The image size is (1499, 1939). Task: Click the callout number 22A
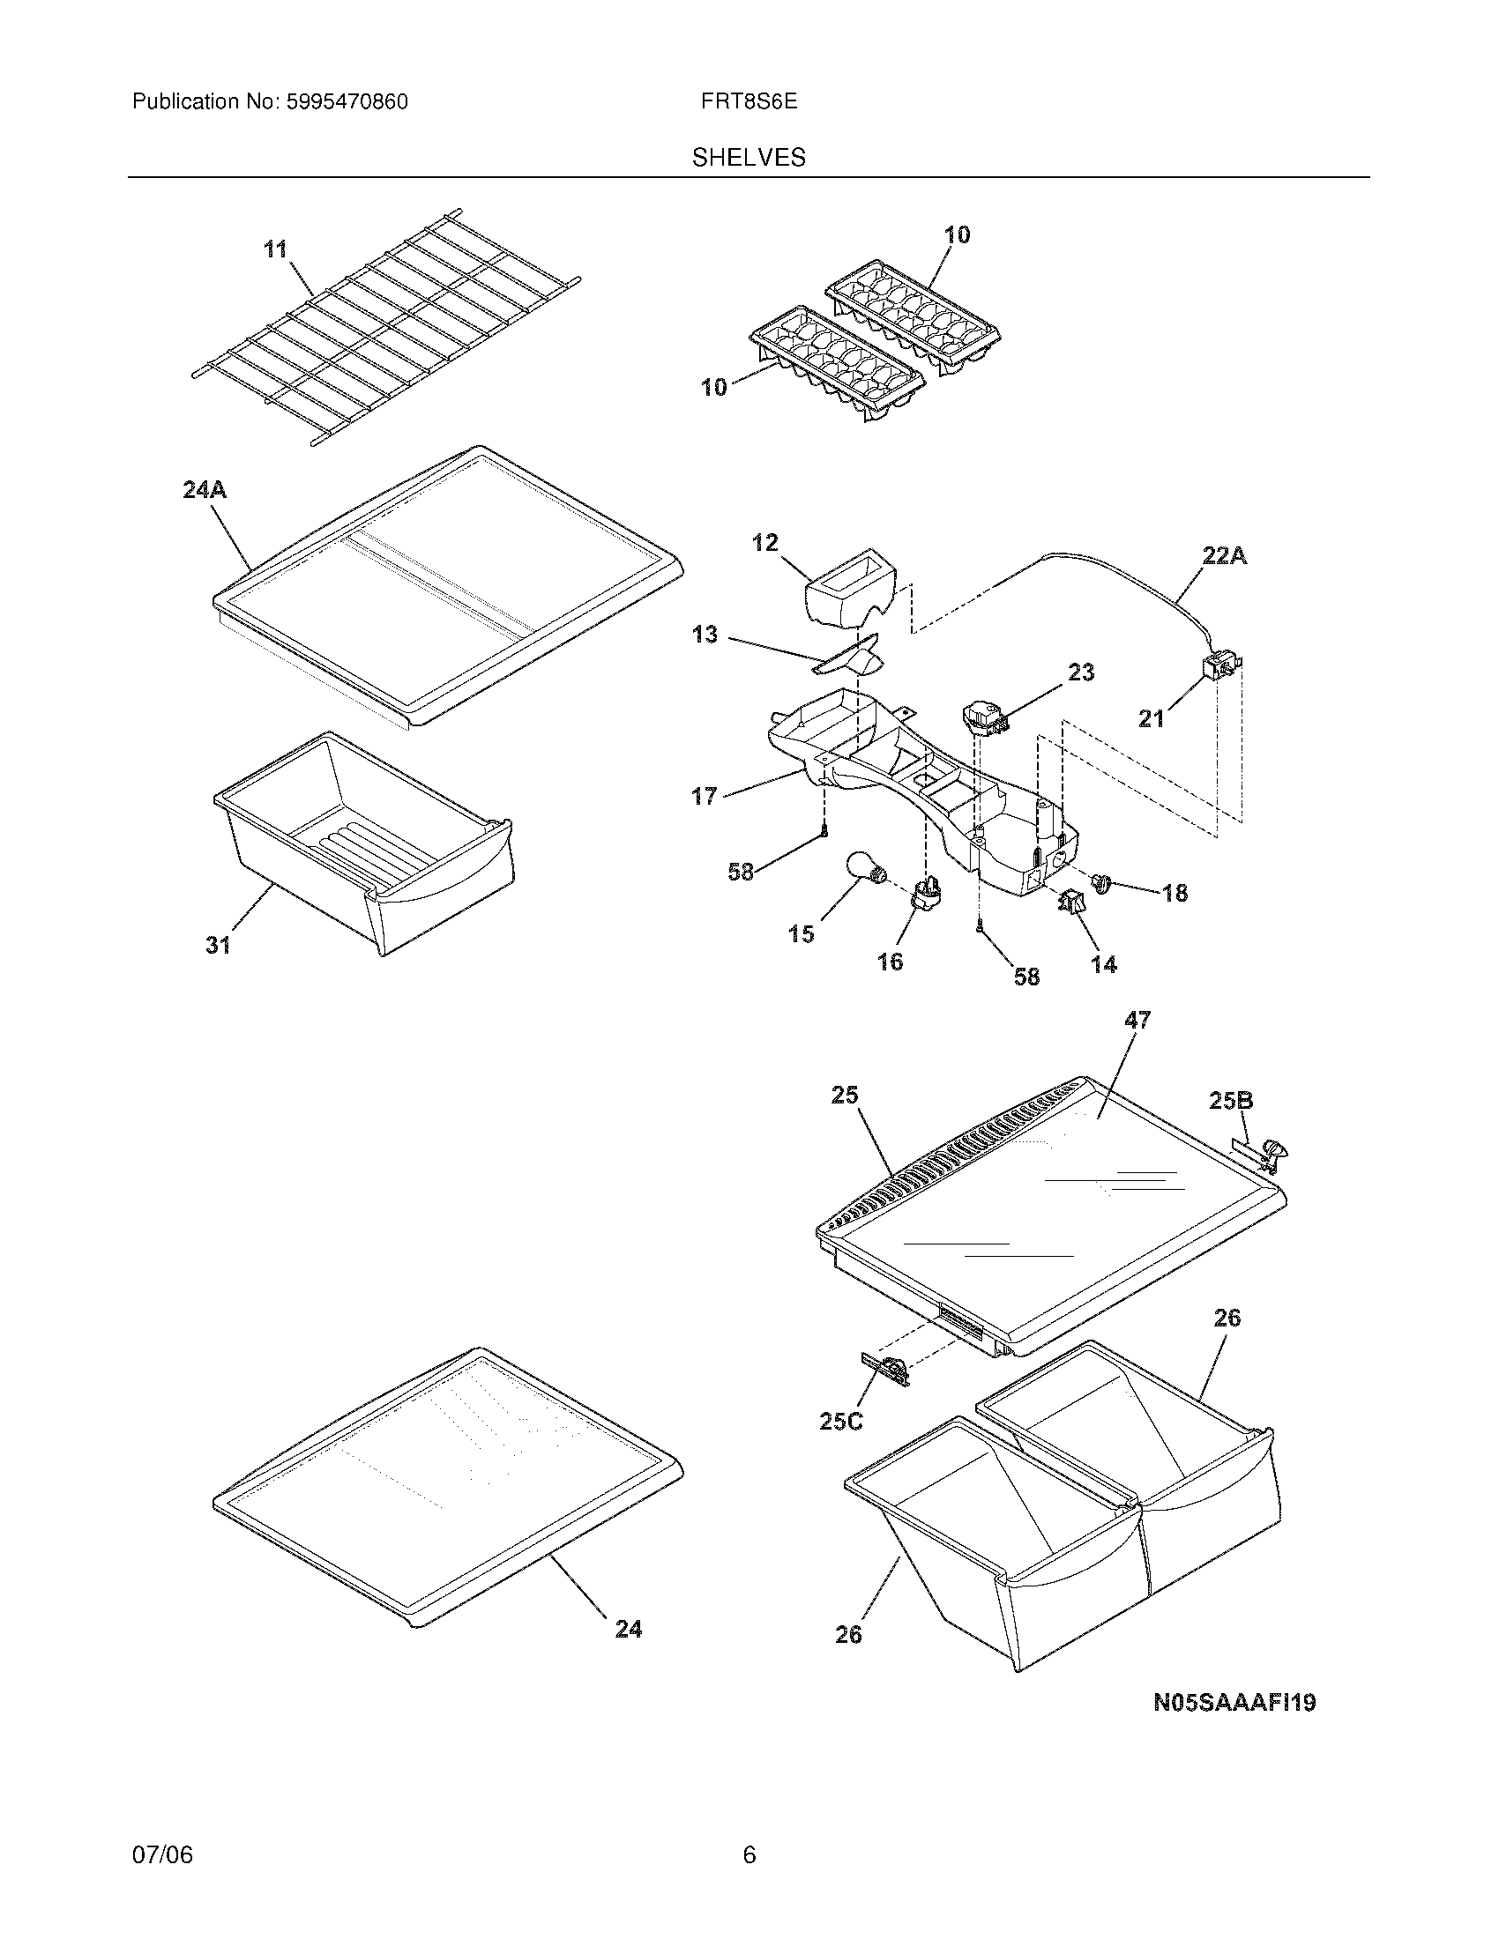tap(1224, 556)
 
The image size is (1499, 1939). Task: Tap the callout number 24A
tap(205, 489)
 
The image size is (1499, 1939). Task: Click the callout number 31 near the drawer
tap(219, 946)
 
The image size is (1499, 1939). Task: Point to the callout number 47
tap(1137, 1021)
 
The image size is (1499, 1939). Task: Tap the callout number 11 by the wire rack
tap(276, 249)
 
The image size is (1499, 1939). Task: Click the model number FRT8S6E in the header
tap(749, 101)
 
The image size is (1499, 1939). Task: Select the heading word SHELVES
tap(749, 158)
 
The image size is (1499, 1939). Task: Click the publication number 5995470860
tap(347, 101)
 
